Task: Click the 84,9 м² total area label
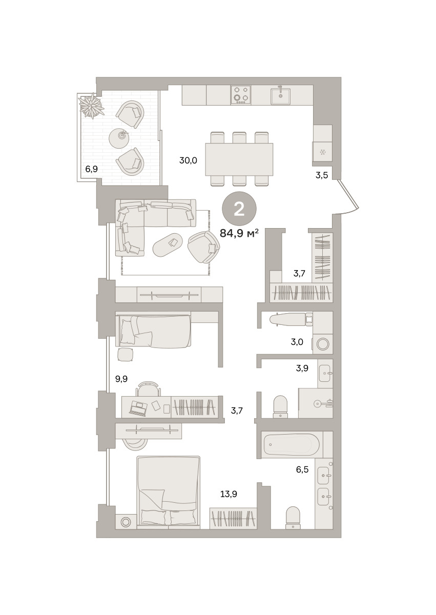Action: coord(239,233)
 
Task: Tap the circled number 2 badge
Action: coord(239,209)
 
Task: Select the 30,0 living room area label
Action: coord(188,160)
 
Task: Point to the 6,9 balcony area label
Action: coord(91,169)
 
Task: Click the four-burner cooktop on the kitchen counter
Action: coord(241,95)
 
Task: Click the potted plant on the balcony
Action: coord(92,106)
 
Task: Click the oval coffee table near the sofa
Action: coord(168,245)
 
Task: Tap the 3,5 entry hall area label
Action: coord(322,175)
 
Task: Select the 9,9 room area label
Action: coord(121,379)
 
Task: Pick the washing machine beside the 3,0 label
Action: coord(322,344)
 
